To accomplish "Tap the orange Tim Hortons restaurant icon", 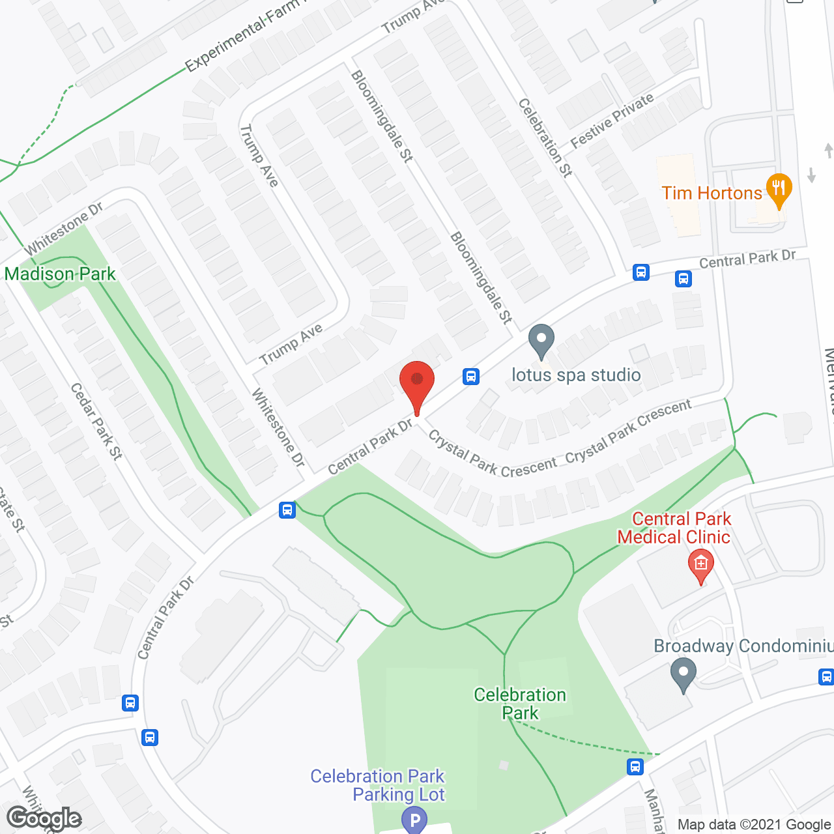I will click(x=779, y=190).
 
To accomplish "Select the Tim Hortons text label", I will click(x=712, y=194).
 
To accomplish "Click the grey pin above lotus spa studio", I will click(x=541, y=340).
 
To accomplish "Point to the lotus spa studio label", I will click(x=576, y=375).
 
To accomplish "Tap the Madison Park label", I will click(x=60, y=274).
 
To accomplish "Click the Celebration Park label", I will click(x=520, y=704).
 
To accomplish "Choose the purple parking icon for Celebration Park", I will click(x=414, y=820).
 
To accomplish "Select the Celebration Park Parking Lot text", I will click(x=378, y=785).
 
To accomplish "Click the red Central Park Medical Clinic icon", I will click(x=700, y=564).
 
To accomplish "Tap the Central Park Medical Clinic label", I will click(x=674, y=528).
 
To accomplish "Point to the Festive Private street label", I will click(x=612, y=121).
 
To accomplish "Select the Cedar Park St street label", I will click(x=96, y=422).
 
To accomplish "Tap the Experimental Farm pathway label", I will click(x=241, y=36).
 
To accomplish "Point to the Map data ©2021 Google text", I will click(x=754, y=824).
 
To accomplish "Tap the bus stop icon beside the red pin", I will click(x=471, y=376).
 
